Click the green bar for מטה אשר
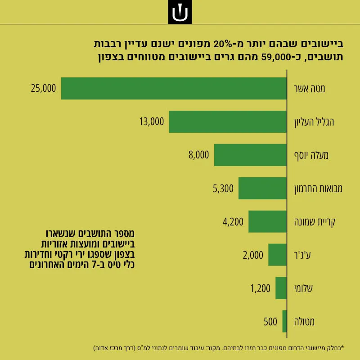click(x=174, y=88)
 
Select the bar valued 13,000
click(x=228, y=121)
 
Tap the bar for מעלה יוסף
click(x=251, y=155)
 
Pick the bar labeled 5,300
click(x=263, y=188)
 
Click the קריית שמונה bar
click(x=267, y=221)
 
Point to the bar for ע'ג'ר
click(x=278, y=255)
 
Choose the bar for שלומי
click(x=281, y=288)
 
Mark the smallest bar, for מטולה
click(x=284, y=321)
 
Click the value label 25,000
click(x=43, y=88)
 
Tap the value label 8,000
click(x=199, y=155)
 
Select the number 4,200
click(x=233, y=222)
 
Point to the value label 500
click(x=270, y=322)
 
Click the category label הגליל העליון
click(x=314, y=122)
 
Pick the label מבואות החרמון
click(x=318, y=189)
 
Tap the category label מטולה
click(x=304, y=322)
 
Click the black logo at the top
click(x=180, y=12)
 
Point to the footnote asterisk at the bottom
click(x=342, y=346)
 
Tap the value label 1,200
click(x=261, y=288)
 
